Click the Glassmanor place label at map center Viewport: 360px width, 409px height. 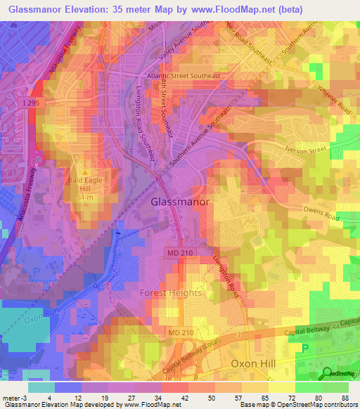click(180, 202)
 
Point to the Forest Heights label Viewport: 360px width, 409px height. click(171, 292)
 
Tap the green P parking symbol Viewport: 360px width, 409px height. click(304, 348)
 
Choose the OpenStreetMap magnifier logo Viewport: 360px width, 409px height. click(328, 372)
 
